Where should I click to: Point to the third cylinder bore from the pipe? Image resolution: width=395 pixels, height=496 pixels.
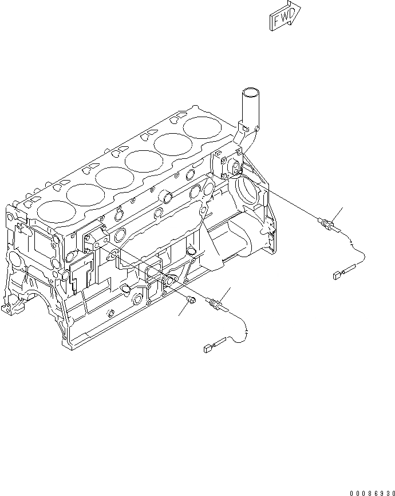144,160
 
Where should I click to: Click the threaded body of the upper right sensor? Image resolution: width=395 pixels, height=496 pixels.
326,223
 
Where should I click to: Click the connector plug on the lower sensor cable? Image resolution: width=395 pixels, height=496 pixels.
207,346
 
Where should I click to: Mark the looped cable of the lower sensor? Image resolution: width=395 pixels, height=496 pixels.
240,329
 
